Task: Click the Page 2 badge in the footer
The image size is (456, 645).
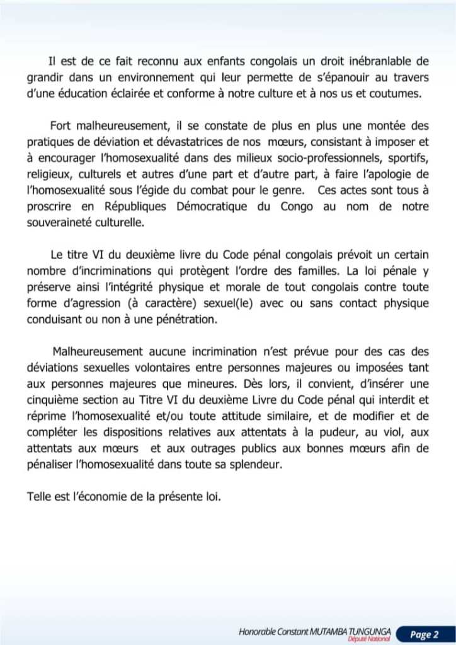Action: (424, 634)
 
